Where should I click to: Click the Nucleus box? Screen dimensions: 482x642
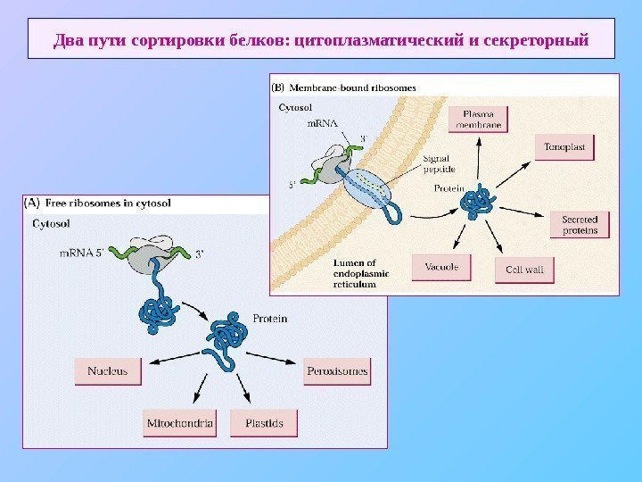coord(108,371)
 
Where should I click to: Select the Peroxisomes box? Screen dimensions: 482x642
coord(337,371)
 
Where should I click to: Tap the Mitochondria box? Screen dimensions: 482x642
coord(179,423)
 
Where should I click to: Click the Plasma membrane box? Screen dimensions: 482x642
coord(478,120)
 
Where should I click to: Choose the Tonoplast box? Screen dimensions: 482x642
coord(564,146)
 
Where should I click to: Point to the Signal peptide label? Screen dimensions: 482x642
coord(439,163)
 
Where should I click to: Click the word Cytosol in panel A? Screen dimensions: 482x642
coord(52,224)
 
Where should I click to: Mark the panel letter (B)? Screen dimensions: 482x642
coord(278,87)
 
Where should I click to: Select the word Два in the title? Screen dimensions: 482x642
coord(68,40)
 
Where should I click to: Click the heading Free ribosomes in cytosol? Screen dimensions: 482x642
coord(108,203)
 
